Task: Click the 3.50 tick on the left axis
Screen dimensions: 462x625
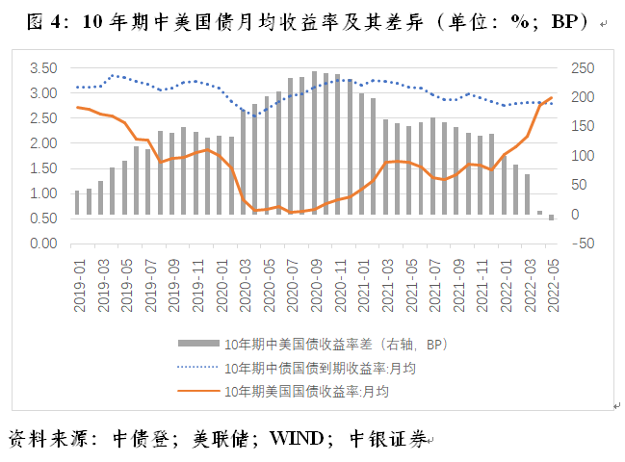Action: (x=43, y=68)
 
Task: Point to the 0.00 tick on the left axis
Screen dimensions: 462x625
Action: (x=43, y=244)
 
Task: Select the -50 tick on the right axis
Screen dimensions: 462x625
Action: (x=582, y=244)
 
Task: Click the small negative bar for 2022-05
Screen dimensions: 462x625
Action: (x=552, y=218)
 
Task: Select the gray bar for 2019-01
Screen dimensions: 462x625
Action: (x=78, y=202)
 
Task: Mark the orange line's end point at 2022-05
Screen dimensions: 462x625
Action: (x=552, y=97)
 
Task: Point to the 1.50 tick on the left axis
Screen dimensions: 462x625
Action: (x=43, y=168)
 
